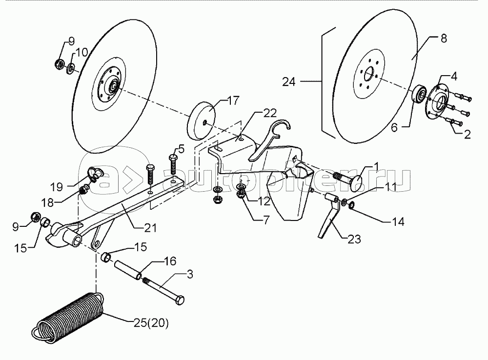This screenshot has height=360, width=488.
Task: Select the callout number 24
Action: click(289, 82)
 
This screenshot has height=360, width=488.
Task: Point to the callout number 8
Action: click(444, 38)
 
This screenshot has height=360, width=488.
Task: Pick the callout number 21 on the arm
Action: click(150, 228)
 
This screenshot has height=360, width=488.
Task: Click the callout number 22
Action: click(270, 113)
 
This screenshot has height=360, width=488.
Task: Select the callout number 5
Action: click(182, 149)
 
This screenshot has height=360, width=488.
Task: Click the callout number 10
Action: click(82, 52)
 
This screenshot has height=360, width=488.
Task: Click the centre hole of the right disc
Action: click(370, 74)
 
